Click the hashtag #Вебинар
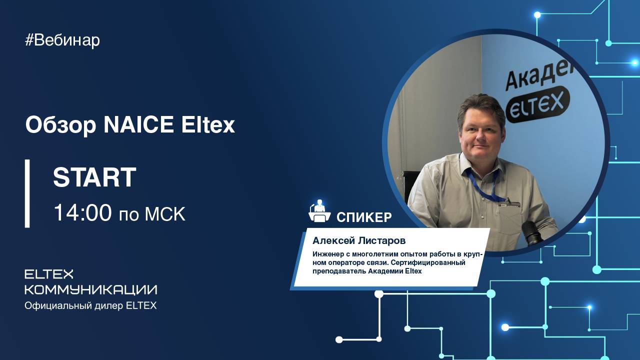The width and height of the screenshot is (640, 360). pos(62,40)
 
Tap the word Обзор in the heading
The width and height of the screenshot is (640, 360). pos(60,125)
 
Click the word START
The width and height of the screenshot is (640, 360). pos(94,177)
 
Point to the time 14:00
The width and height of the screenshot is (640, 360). pos(82,213)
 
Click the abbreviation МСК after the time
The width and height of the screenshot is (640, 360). pos(165,214)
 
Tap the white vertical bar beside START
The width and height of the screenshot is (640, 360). pos(27,193)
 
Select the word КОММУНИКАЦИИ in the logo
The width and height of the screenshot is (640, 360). pos(90,289)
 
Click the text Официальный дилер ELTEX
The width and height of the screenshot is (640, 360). pos(90,305)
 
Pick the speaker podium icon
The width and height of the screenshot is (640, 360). pos(319,212)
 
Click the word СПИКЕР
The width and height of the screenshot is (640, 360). pos(364,217)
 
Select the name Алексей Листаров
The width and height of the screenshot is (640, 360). pos(359,241)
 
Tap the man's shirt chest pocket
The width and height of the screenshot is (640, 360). pos(515,220)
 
